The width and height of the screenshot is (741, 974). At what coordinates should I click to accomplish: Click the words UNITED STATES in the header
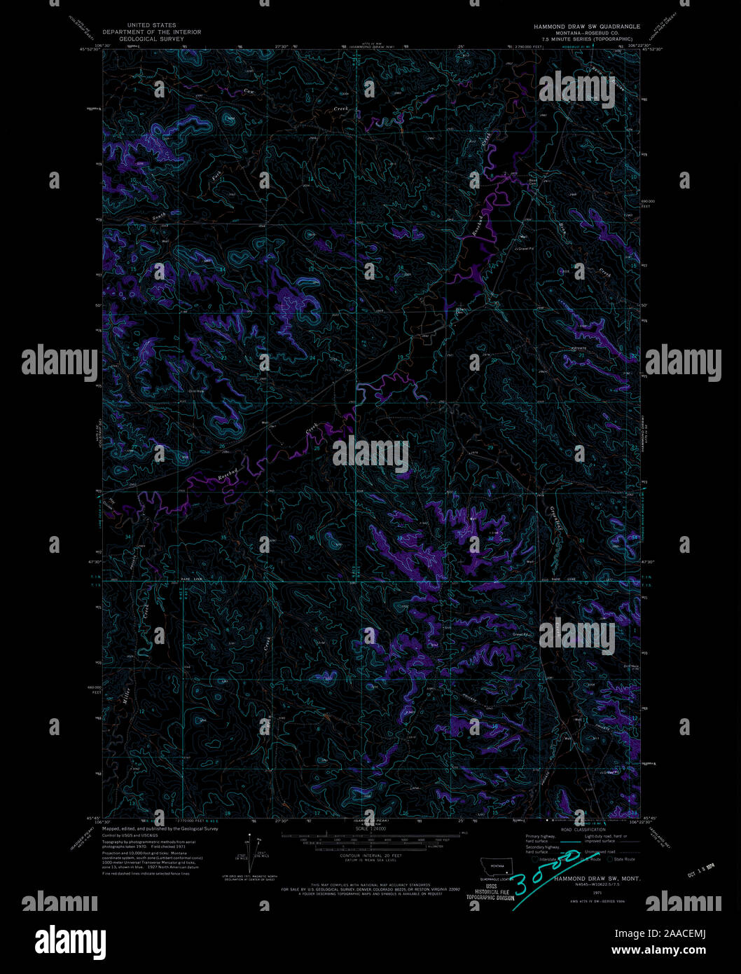151,25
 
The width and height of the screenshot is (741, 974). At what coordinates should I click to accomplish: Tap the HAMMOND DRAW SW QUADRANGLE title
587,26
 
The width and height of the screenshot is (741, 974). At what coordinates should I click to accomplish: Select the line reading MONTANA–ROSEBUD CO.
587,32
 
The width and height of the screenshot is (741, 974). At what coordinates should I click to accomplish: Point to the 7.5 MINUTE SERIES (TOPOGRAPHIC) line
587,39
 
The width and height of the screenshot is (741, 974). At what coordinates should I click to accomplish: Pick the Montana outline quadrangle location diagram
497,867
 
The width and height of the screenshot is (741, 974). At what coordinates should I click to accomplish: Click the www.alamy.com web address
658,950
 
